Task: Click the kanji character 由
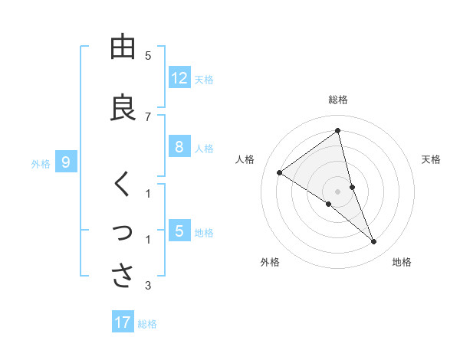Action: [123, 48]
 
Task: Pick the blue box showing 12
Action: [179, 77]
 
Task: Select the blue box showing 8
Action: [179, 147]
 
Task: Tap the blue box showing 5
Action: [179, 231]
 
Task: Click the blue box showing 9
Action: [66, 162]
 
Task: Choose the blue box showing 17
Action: [123, 322]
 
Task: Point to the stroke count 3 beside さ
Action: [148, 286]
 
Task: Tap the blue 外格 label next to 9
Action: [41, 163]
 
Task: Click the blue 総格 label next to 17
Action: [147, 324]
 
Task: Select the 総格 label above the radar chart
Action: [338, 100]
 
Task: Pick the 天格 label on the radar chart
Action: [432, 159]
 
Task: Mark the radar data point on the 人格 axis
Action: [280, 172]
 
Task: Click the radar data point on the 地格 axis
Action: [374, 242]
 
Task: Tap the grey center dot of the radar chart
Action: [338, 191]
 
